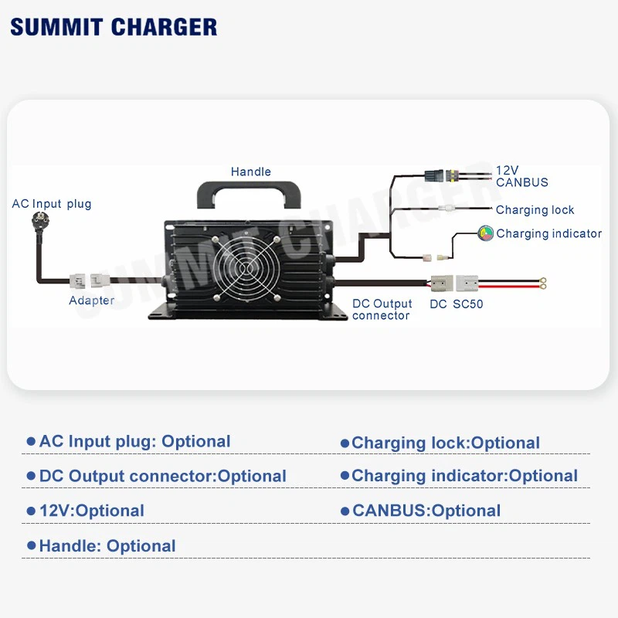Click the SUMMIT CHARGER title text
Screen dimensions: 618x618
tap(114, 26)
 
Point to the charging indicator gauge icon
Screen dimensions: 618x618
tap(486, 233)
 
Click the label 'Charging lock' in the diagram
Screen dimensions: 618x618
tap(535, 210)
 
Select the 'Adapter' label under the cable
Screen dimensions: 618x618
tap(91, 301)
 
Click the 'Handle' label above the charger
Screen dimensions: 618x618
tap(251, 171)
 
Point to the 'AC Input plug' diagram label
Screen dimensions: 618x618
tap(52, 204)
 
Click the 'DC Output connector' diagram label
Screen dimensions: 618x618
tap(382, 310)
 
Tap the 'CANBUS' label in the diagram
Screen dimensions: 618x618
tap(522, 183)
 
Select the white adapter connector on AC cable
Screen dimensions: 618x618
tap(90, 281)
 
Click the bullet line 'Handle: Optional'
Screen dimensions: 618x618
tap(107, 546)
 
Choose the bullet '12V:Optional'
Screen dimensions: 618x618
tap(91, 511)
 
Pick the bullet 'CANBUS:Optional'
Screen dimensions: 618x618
tap(426, 511)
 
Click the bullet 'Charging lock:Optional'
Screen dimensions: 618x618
tap(445, 443)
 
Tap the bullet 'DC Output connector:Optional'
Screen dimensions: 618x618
tap(162, 477)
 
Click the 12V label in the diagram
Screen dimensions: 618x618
tap(507, 171)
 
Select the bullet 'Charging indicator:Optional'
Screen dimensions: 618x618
tap(463, 477)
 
